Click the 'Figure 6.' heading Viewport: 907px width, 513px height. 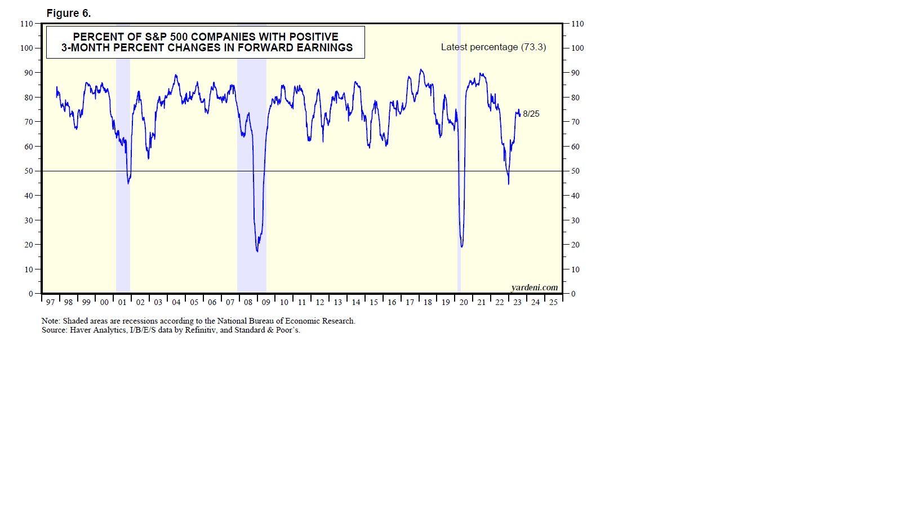coord(68,13)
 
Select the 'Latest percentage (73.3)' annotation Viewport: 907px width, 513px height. coord(493,47)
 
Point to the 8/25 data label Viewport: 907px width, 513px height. coord(531,114)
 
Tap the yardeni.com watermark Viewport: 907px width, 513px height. coord(534,288)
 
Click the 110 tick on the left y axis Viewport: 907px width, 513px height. coord(26,24)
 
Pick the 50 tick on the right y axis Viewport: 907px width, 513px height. coord(575,171)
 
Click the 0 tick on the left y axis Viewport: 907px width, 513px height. coord(31,294)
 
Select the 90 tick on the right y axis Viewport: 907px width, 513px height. coord(575,73)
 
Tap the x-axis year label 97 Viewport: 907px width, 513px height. coord(51,303)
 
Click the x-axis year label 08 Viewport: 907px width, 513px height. coord(248,303)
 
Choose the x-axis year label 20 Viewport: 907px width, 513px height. coord(464,303)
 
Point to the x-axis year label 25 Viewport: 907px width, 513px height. coord(553,303)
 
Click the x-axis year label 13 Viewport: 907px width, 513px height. coord(338,303)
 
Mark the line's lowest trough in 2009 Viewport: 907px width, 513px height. coord(257,251)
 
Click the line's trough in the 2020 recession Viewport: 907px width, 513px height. coord(462,246)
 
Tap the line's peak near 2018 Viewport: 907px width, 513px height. coord(421,70)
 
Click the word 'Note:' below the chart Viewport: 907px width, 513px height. coord(51,321)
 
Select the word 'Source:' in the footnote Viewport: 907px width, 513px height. coord(54,330)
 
